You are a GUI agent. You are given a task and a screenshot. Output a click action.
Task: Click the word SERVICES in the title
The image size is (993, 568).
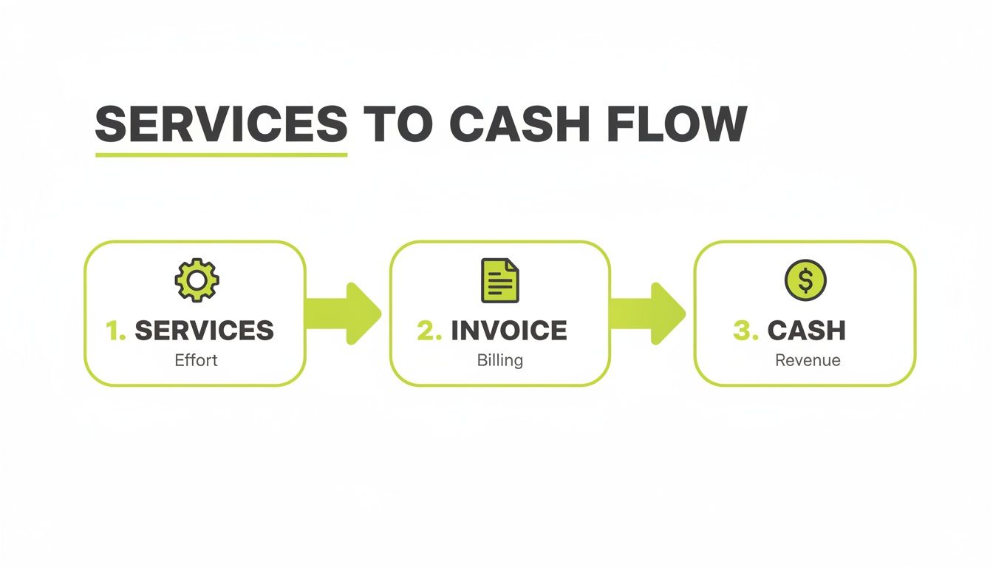221,124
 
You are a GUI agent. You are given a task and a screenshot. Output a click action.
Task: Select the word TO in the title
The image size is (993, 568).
398,124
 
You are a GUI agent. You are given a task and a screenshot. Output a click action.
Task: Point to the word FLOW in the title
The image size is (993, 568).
675,124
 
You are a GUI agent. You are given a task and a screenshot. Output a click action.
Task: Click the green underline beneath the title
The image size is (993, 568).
221,155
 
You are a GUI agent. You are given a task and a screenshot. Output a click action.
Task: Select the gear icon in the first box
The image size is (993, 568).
197,279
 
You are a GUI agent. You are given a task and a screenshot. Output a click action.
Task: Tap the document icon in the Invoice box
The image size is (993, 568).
499,280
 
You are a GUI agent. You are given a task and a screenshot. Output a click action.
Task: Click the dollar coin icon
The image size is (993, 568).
805,280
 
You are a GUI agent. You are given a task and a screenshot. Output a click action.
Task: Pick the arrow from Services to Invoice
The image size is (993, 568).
344,313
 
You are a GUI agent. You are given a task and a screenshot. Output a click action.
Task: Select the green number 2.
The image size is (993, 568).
429,331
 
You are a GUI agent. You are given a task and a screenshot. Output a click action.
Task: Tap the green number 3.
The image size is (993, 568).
745,331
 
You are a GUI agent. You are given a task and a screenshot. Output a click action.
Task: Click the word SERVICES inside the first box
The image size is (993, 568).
204,331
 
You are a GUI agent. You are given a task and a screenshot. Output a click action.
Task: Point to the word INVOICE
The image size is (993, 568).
509,331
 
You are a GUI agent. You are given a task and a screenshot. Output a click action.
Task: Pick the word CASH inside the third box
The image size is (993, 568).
806,331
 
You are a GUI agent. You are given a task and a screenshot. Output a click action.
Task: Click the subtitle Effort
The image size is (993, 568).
196,362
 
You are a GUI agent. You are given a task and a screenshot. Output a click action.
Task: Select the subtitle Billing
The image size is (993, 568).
499,361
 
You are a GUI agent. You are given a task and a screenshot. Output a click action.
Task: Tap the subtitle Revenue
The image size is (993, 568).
807,361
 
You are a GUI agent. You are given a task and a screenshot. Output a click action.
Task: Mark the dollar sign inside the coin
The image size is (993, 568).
805,280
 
